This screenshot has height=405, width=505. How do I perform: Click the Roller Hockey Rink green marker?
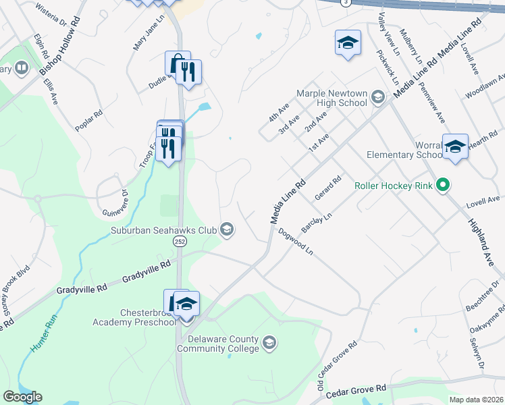(x=443, y=184)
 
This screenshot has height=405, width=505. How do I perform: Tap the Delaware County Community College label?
(x=217, y=344)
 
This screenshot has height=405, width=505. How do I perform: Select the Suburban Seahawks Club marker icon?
(x=228, y=230)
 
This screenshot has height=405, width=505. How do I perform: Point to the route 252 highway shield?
(x=180, y=241)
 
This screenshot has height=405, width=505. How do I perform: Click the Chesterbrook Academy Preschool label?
(x=139, y=317)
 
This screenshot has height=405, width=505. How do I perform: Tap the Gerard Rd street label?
(x=329, y=188)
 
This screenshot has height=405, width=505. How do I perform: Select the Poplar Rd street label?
(x=89, y=121)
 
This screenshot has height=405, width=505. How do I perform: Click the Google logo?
(x=22, y=396)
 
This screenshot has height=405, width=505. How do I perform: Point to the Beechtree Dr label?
(x=477, y=296)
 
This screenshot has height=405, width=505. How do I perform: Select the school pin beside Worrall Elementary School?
(x=455, y=146)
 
